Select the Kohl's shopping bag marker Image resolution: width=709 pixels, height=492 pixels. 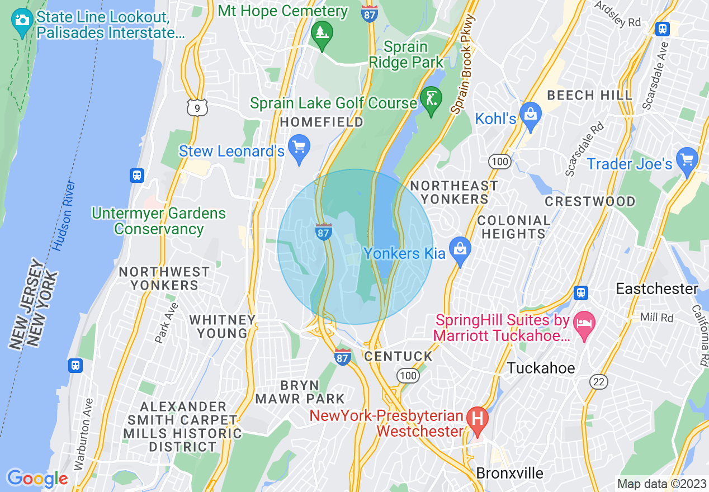pyautogui.click(x=530, y=114)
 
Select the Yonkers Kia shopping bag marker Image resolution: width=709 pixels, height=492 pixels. pyautogui.click(x=460, y=250)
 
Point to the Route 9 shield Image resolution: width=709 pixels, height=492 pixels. pyautogui.click(x=197, y=106)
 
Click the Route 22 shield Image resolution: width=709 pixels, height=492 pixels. pyautogui.click(x=598, y=382)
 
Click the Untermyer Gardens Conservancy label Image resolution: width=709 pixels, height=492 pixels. pyautogui.click(x=159, y=221)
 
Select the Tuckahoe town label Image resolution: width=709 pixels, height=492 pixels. pyautogui.click(x=541, y=368)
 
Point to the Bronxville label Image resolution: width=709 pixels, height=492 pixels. pyautogui.click(x=509, y=473)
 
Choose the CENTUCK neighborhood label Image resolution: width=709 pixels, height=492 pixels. pyautogui.click(x=398, y=356)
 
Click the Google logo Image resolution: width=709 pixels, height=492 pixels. pyautogui.click(x=37, y=479)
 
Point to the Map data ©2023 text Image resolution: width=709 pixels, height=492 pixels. pyautogui.click(x=661, y=484)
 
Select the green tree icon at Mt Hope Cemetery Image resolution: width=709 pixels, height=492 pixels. pyautogui.click(x=322, y=34)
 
